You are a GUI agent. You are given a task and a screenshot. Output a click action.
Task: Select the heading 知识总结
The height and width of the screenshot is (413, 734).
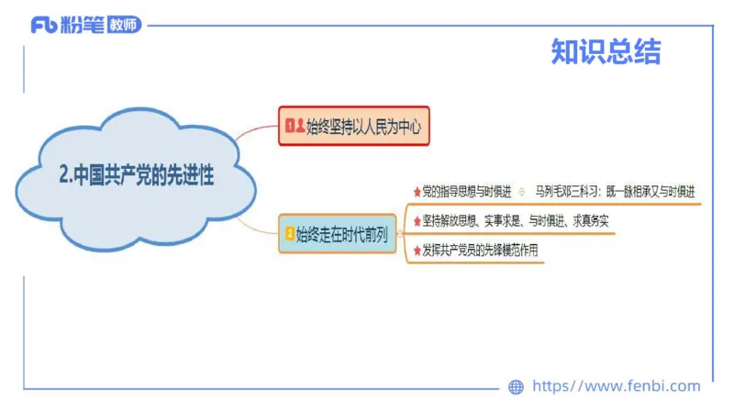pyautogui.click(x=606, y=51)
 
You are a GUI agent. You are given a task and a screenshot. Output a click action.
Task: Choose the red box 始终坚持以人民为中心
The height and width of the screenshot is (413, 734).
pyautogui.click(x=353, y=126)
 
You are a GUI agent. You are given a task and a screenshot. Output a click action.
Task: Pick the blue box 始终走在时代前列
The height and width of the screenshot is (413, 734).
pyautogui.click(x=338, y=234)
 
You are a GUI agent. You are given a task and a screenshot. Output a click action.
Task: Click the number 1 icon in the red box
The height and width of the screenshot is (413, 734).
pyautogui.click(x=290, y=127)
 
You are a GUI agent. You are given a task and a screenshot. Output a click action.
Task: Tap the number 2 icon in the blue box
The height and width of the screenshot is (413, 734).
pyautogui.click(x=290, y=234)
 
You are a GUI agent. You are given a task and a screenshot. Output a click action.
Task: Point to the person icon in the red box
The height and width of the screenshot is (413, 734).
pyautogui.click(x=301, y=127)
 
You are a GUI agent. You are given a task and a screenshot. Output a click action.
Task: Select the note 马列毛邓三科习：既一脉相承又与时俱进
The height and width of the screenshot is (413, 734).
pyautogui.click(x=616, y=192)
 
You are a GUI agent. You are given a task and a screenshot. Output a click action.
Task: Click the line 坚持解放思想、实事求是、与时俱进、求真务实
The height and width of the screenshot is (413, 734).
pyautogui.click(x=516, y=222)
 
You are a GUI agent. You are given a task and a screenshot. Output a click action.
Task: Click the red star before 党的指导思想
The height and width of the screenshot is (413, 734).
pyautogui.click(x=417, y=192)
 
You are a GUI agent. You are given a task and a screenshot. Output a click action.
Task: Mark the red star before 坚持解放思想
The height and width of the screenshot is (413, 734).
pyautogui.click(x=417, y=222)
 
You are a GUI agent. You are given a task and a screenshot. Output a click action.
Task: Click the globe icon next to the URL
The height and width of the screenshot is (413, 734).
pyautogui.click(x=516, y=387)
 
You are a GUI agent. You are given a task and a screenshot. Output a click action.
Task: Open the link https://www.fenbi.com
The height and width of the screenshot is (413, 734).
pyautogui.click(x=616, y=386)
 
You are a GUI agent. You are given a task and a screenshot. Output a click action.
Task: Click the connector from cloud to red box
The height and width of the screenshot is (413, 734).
pyautogui.click(x=257, y=138)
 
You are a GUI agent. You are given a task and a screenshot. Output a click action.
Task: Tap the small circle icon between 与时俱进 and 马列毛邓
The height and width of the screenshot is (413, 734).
pyautogui.click(x=522, y=192)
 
